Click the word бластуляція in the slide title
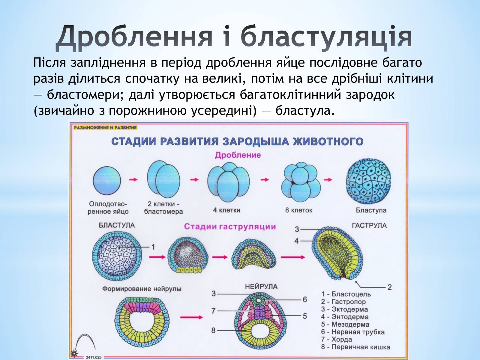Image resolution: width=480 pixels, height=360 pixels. [326, 37]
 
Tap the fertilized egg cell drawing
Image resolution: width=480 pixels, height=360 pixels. [107, 181]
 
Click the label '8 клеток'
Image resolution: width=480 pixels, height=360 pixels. [298, 210]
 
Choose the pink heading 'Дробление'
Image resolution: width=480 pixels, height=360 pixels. [238, 155]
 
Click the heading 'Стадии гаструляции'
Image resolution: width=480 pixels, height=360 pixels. [230, 226]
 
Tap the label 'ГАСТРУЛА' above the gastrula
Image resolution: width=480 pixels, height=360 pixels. [369, 225]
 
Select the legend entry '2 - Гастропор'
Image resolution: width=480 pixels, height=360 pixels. [343, 302]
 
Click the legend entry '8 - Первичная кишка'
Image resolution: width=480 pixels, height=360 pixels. [355, 347]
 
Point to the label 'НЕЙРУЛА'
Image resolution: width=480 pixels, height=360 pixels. [261, 286]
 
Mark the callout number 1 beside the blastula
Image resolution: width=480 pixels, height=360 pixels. [153, 247]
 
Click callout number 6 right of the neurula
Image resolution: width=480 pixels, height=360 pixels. [305, 299]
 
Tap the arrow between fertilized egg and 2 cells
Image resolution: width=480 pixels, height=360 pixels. [133, 179]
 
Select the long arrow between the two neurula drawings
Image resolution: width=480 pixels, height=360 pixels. [191, 317]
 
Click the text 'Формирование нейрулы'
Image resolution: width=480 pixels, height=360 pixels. [142, 289]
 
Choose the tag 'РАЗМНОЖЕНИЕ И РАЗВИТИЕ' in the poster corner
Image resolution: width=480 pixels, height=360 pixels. [105, 127]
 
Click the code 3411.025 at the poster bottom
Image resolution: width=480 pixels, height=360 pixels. [94, 357]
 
